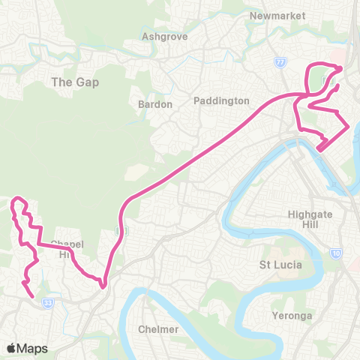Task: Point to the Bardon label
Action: pos(155,104)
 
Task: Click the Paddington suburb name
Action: pos(220,100)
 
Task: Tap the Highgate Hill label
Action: pos(308,219)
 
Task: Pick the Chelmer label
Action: pos(158,329)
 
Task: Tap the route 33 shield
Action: pos(49,302)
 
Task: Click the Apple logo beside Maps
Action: pos(11,348)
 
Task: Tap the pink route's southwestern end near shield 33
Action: pos(34,297)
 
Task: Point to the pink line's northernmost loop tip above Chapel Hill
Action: pos(18,199)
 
